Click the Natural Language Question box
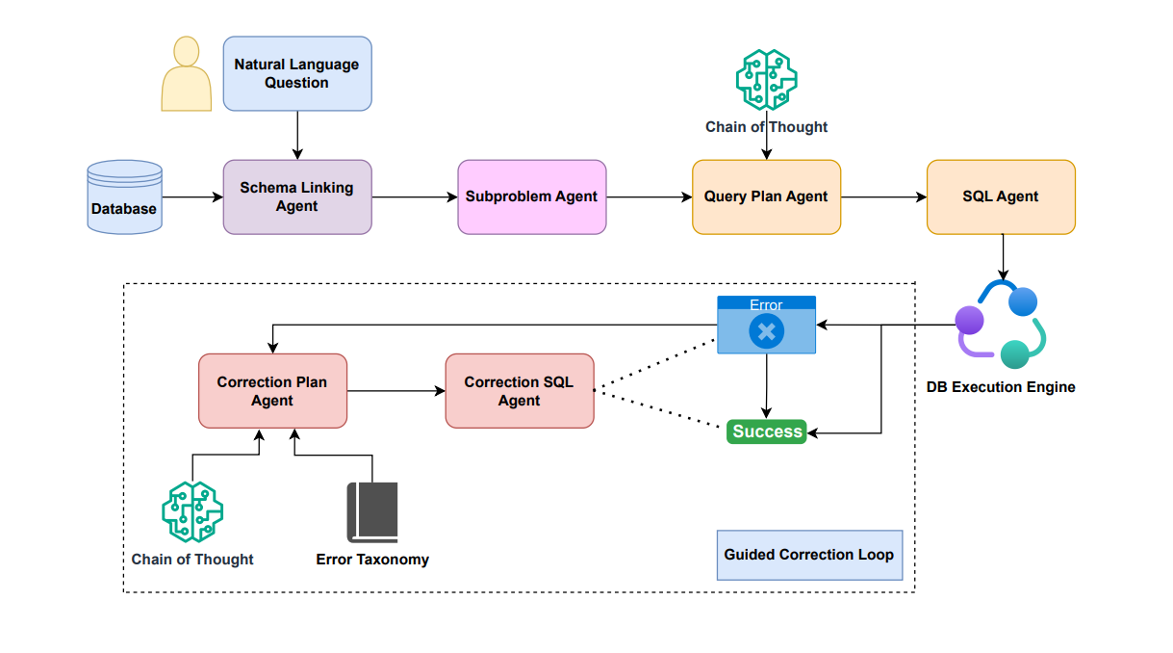coord(296,73)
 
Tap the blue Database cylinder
coord(124,196)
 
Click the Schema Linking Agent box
coord(296,196)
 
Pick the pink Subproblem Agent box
coord(531,196)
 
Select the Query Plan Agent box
coord(766,196)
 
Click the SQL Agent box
coord(1001,196)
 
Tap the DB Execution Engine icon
coord(1001,325)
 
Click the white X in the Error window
coord(767,332)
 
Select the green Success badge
coord(767,431)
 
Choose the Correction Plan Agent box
coord(272,391)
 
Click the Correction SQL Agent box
coord(520,391)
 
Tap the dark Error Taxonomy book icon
coord(372,511)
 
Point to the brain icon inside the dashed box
coord(192,511)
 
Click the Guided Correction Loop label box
coord(809,555)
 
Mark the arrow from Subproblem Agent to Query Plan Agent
coord(649,197)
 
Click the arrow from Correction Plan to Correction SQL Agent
coord(395,391)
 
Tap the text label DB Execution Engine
coord(1001,387)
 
